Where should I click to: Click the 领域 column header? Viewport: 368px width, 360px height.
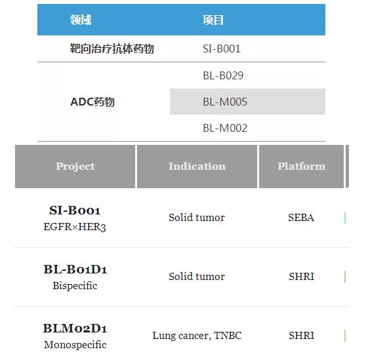pyautogui.click(x=81, y=20)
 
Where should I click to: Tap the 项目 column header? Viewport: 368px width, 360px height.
pyautogui.click(x=213, y=20)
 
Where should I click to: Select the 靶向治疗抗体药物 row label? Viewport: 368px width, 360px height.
pyautogui.click(x=112, y=49)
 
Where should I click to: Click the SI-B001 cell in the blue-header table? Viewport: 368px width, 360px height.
pyautogui.click(x=222, y=49)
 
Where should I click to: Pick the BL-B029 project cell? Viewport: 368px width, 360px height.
pyautogui.click(x=223, y=75)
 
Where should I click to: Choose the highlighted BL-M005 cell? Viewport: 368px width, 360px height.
pyautogui.click(x=225, y=102)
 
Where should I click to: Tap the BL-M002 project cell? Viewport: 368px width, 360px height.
pyautogui.click(x=225, y=128)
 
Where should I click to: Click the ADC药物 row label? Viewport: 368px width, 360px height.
pyautogui.click(x=92, y=102)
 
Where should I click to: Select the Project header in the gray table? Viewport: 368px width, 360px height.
pyautogui.click(x=75, y=167)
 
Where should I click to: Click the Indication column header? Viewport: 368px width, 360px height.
pyautogui.click(x=197, y=167)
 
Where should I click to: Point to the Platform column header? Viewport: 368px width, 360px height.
pyautogui.click(x=301, y=167)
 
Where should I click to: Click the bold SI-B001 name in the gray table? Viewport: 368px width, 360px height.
pyautogui.click(x=75, y=210)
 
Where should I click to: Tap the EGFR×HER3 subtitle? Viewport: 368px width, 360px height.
pyautogui.click(x=75, y=227)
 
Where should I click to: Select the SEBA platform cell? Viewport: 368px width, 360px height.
pyautogui.click(x=301, y=218)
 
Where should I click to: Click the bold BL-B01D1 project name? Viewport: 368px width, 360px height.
pyautogui.click(x=75, y=269)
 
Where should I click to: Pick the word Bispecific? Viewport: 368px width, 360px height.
pyautogui.click(x=75, y=286)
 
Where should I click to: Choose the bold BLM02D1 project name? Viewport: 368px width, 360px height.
pyautogui.click(x=75, y=328)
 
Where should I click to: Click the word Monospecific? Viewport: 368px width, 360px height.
pyautogui.click(x=75, y=345)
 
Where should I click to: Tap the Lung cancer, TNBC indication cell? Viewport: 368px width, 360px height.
pyautogui.click(x=197, y=336)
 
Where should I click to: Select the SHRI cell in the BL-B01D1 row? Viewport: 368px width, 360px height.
pyautogui.click(x=301, y=277)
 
